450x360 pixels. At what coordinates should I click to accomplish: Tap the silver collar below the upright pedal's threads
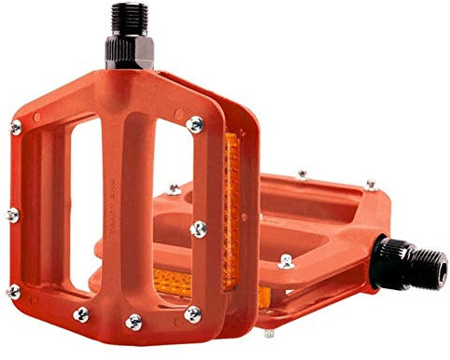(129, 53)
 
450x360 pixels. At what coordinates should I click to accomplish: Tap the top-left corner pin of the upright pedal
(16, 128)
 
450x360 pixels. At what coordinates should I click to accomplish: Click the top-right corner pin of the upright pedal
(194, 123)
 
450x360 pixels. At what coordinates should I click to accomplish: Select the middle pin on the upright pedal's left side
(11, 215)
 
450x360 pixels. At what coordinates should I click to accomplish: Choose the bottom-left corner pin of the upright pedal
(13, 292)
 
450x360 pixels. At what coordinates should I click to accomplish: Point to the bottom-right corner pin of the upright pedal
(192, 313)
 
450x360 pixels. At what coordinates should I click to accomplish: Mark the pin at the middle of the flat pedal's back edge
(302, 173)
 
